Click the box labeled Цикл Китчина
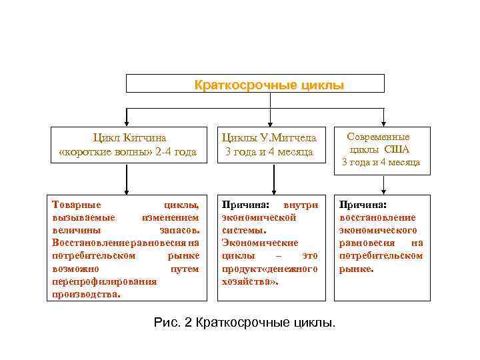pyautogui.click(x=127, y=145)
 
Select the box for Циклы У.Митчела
pyautogui.click(x=269, y=145)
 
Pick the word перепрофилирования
pyautogui.click(x=104, y=281)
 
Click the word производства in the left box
pyautogui.click(x=86, y=293)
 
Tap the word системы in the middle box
pyautogui.click(x=243, y=229)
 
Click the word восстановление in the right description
pyautogui.click(x=377, y=217)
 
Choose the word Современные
pyautogui.click(x=378, y=136)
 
